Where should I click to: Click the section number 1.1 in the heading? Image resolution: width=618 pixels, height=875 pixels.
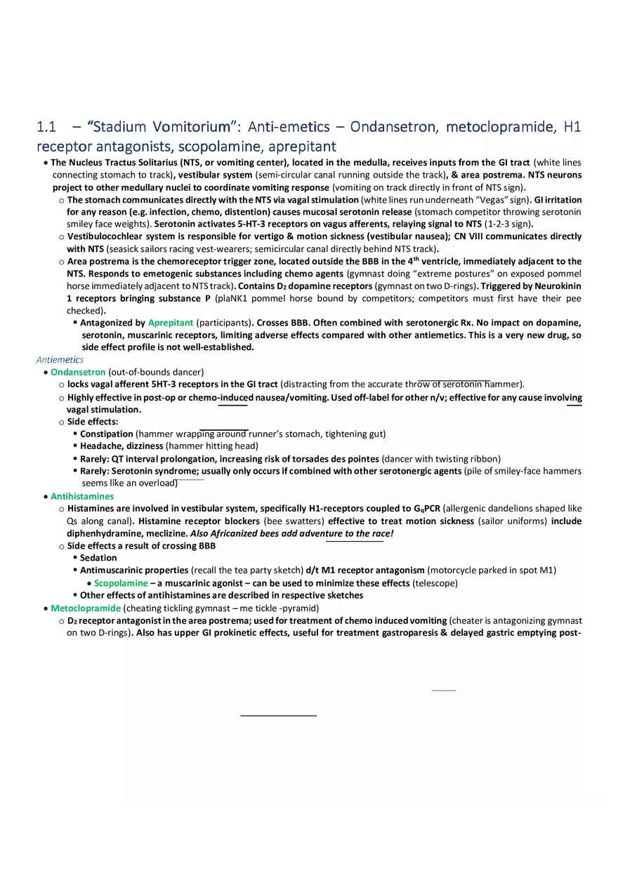(x=46, y=127)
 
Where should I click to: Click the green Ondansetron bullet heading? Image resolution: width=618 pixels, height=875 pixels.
(x=78, y=372)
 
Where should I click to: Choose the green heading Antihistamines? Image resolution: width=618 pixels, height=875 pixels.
(x=82, y=497)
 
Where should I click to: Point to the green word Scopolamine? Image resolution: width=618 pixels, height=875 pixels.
(x=121, y=583)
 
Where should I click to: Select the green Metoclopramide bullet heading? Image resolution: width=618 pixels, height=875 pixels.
(x=86, y=608)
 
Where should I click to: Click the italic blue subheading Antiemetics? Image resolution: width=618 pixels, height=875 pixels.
(x=60, y=360)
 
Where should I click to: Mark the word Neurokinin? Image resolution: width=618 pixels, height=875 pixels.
(x=554, y=286)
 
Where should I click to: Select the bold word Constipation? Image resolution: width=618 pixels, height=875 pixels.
(x=106, y=434)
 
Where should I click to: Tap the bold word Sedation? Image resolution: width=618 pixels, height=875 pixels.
(x=98, y=558)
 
